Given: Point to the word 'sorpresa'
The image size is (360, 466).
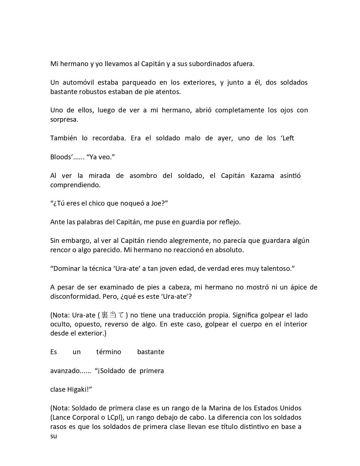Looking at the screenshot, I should [64, 119].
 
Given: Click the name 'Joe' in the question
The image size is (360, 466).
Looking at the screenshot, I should [157, 203].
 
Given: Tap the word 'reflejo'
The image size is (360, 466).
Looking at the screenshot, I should [230, 222].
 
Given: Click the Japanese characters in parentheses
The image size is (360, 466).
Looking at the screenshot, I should [113, 315].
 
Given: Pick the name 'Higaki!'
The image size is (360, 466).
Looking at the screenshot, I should [79, 389].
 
